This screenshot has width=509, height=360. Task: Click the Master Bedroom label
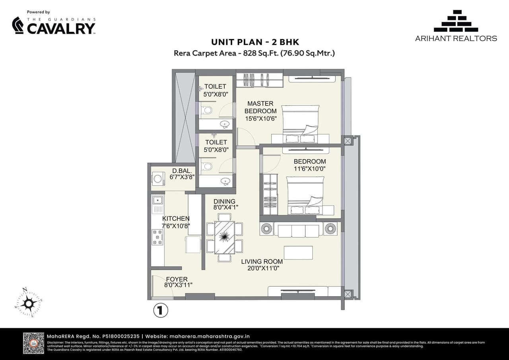(x=260, y=107)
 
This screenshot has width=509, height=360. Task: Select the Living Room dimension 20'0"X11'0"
(x=262, y=269)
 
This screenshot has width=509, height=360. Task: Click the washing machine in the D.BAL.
(x=158, y=179)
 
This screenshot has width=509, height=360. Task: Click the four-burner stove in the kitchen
(x=157, y=237)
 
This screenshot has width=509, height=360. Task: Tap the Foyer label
(x=177, y=279)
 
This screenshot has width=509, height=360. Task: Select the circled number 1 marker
(x=161, y=310)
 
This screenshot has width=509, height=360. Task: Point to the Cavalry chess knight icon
(x=18, y=25)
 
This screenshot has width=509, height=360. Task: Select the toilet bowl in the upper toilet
(x=206, y=110)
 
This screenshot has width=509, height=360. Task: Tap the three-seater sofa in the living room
(x=298, y=230)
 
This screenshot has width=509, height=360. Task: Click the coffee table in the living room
(x=298, y=253)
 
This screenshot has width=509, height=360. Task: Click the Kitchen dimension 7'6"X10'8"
(x=176, y=226)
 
